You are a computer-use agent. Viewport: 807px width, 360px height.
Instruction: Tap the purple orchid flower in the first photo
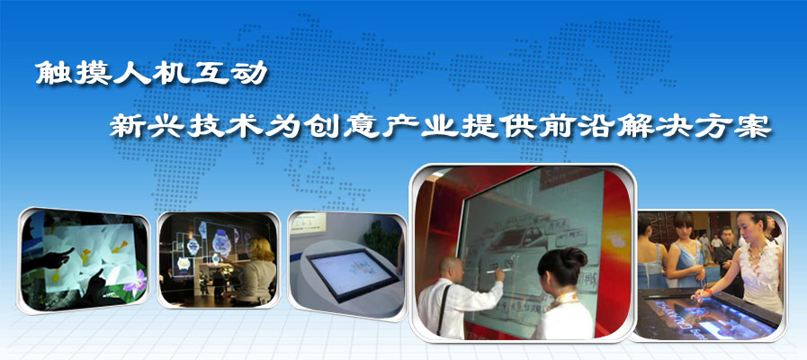[137, 283]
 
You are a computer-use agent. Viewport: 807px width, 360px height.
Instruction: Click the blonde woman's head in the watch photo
[258, 248]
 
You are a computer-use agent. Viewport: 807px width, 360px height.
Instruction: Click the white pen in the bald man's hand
[498, 270]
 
